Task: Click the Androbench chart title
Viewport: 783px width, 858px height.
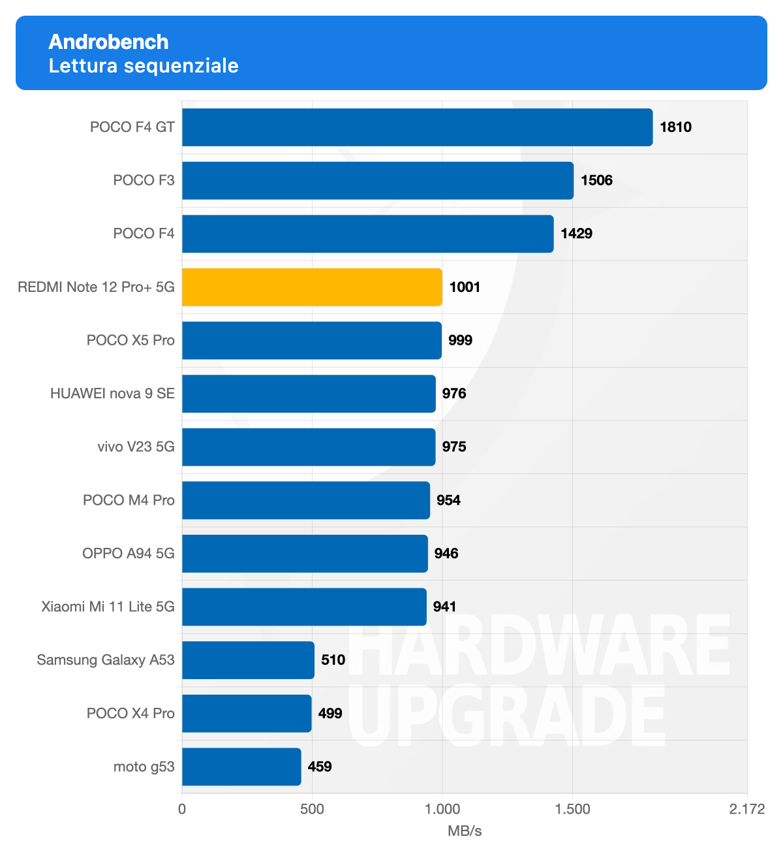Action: click(108, 42)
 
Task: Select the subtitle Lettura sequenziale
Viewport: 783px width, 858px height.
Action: click(144, 66)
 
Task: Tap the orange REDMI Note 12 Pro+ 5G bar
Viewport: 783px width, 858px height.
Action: click(312, 287)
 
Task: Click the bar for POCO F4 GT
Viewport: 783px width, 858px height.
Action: click(417, 127)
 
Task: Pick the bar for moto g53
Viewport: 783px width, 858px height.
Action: click(241, 767)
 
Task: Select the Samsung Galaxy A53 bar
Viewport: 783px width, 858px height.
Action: click(248, 660)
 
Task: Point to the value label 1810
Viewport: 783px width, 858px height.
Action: click(675, 127)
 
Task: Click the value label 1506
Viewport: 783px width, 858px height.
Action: click(596, 180)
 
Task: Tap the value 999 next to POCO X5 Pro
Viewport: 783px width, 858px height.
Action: click(460, 340)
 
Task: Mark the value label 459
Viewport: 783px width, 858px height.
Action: click(320, 767)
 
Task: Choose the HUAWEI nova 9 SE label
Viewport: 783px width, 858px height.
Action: click(112, 393)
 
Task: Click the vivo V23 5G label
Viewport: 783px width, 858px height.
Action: click(136, 447)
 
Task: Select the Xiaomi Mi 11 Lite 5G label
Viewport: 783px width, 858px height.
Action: click(108, 607)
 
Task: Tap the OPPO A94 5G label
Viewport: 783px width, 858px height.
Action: click(128, 553)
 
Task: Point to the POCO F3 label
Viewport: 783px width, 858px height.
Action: click(144, 180)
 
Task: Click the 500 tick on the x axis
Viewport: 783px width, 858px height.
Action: click(312, 810)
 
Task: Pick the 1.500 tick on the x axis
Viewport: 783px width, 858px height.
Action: click(572, 810)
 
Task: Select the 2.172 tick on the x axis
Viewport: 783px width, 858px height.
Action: click(746, 810)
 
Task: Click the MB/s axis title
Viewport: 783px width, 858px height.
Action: click(465, 831)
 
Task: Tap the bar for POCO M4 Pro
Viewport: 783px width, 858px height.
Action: click(305, 500)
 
